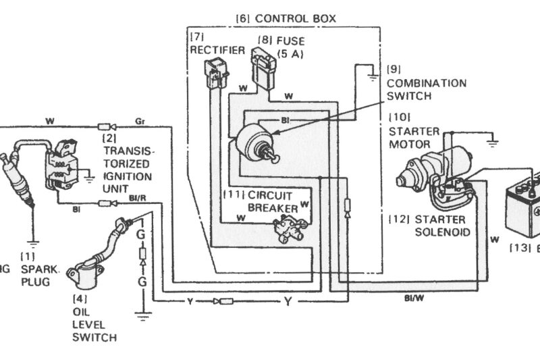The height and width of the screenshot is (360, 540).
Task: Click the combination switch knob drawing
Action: (256, 141)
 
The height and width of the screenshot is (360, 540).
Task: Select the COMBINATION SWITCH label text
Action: (426, 89)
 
